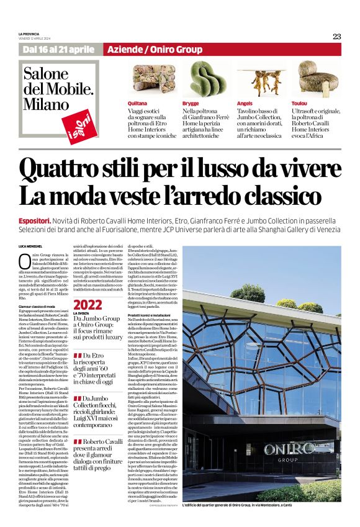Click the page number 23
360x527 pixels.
[x=336, y=36]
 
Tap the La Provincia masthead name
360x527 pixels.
[x=29, y=34]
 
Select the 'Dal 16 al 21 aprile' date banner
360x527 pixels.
[x=60, y=50]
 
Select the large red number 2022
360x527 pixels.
[x=88, y=305]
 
